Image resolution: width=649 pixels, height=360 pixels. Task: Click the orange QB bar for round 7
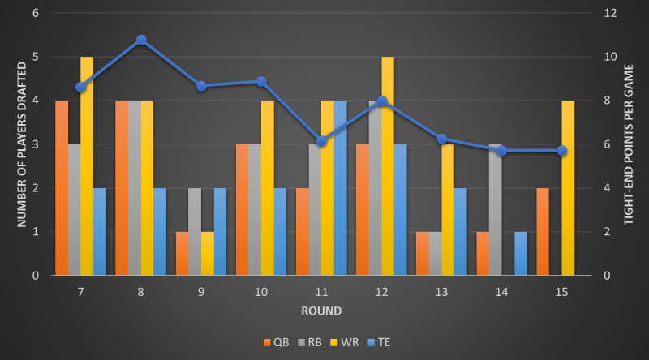62,187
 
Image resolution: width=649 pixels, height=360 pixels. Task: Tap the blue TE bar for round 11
340,187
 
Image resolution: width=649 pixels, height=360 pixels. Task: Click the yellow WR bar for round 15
569,187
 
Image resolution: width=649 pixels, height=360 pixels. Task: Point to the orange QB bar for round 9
183,253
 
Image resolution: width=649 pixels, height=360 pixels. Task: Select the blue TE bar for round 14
521,253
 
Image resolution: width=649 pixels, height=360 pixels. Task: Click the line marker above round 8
141,40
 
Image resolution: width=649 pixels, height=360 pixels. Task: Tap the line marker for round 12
382,101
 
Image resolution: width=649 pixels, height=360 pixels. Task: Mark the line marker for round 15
562,150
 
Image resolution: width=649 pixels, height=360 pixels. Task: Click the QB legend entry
277,342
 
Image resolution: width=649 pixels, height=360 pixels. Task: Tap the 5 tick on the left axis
35,57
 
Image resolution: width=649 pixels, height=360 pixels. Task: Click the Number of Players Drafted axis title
13,144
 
